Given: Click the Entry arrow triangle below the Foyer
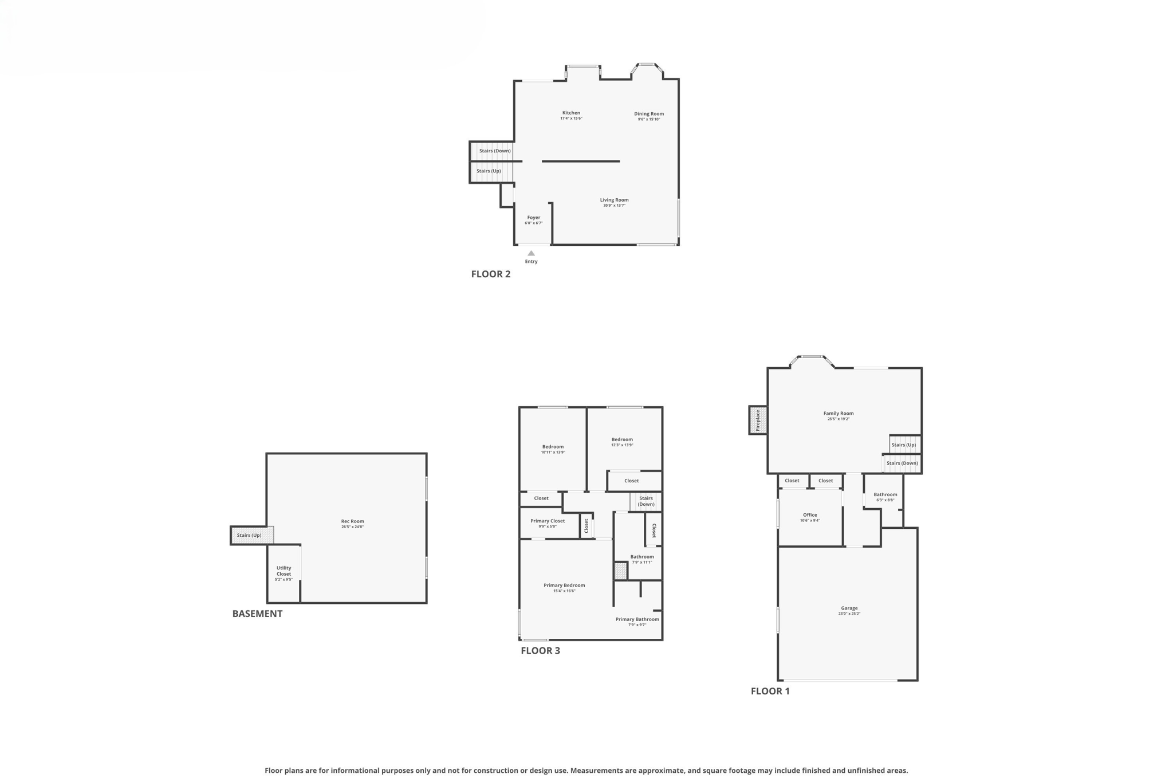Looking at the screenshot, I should coord(531,253).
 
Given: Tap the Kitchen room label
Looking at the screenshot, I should coord(571,113).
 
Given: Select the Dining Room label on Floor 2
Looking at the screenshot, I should coord(648,114).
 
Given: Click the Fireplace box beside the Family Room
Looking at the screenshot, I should coord(758,420).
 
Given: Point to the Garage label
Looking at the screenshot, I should coord(849,608).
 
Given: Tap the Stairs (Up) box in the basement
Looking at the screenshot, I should coord(250,535).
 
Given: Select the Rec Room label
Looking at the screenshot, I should coord(352,521).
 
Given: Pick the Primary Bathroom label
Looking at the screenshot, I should coord(637,619).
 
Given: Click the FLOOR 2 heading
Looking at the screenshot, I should coord(490,274).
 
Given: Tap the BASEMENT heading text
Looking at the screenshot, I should coord(257,614).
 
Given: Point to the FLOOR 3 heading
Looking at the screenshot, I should coord(540,650).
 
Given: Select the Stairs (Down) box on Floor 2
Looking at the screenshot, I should coord(494,151).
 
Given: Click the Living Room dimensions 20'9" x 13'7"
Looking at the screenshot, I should coord(614,205).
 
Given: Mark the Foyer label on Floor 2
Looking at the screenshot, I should coord(533,218).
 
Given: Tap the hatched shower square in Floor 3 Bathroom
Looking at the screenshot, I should coord(620,571).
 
